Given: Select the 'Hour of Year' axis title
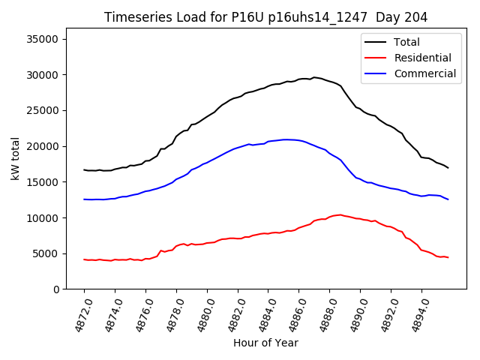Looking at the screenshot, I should pos(265,343).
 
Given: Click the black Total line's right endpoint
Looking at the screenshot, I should pos(448,168).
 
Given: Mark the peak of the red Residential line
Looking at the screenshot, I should pos(340,214).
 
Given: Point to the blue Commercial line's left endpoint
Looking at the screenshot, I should pos(84,199).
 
